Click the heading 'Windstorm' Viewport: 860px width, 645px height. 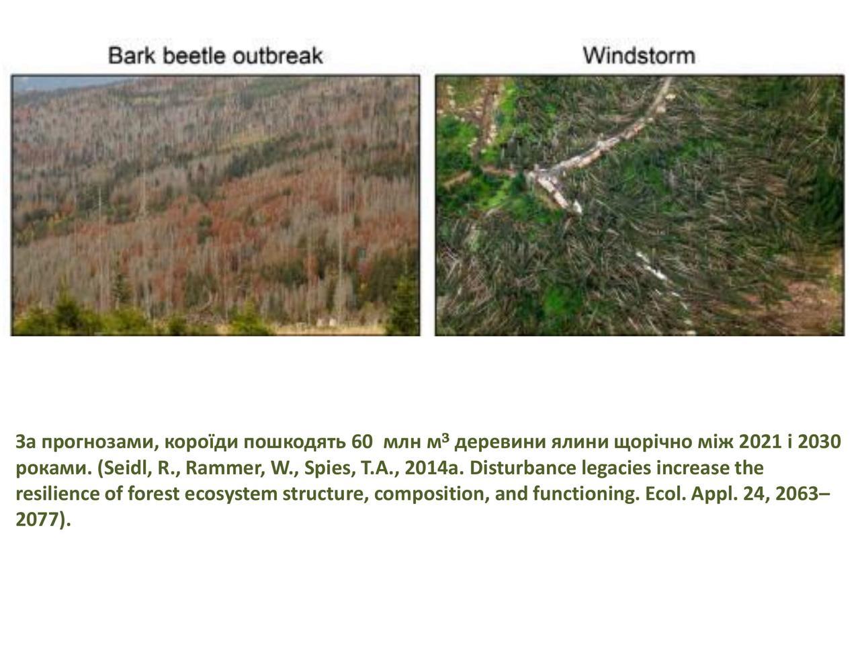pos(639,56)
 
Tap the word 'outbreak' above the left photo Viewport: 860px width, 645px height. pos(277,56)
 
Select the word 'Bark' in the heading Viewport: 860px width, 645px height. pos(132,56)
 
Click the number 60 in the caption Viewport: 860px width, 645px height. pos(361,441)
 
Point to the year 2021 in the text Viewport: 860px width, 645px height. pos(760,441)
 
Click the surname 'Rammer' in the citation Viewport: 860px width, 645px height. pos(225,468)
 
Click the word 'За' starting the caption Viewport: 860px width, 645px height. pos(26,442)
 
